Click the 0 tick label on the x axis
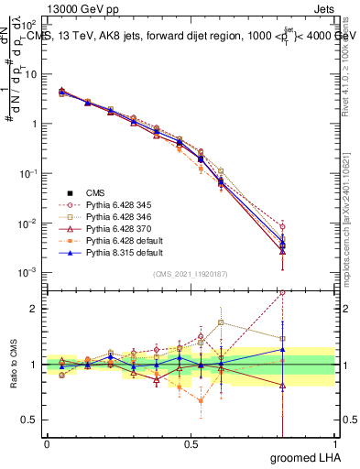point(47,444)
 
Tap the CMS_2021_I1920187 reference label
point(191,274)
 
